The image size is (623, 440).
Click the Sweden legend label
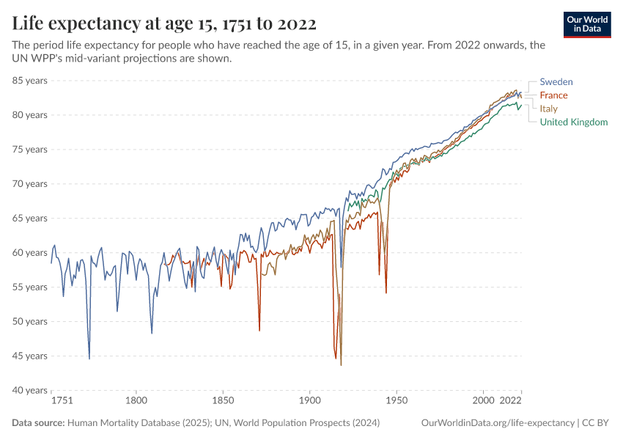(x=556, y=81)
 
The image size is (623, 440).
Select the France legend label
(x=553, y=95)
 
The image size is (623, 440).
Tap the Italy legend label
(x=548, y=109)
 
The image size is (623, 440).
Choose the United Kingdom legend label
(x=573, y=122)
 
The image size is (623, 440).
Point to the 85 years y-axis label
(x=30, y=81)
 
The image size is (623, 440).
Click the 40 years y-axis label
(x=30, y=390)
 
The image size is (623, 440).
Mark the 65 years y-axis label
(x=30, y=219)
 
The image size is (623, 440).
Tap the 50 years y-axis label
(x=30, y=321)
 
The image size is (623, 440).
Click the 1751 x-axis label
(x=62, y=401)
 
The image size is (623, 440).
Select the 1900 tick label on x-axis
(x=309, y=401)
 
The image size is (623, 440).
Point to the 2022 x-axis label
(x=509, y=401)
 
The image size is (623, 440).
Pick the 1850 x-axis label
(x=223, y=401)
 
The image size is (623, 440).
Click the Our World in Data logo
(x=586, y=23)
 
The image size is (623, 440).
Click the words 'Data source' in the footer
(x=38, y=423)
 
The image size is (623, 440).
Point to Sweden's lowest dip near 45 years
(x=89, y=358)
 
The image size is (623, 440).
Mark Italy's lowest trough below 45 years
(x=341, y=364)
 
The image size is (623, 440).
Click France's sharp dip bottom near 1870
(x=259, y=330)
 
